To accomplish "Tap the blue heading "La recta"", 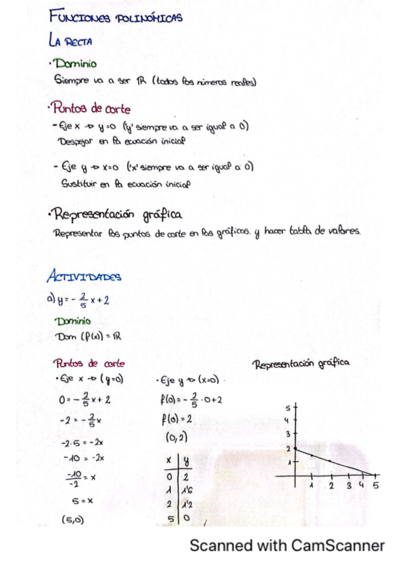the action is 70,41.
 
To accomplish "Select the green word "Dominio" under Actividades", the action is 73,321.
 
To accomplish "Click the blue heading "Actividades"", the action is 83,277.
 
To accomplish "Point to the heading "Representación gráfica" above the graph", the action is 301,363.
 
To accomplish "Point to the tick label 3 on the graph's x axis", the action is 349,486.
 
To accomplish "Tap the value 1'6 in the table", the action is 187,490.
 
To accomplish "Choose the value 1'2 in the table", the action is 187,504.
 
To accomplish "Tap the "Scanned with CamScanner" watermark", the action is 287,546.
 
